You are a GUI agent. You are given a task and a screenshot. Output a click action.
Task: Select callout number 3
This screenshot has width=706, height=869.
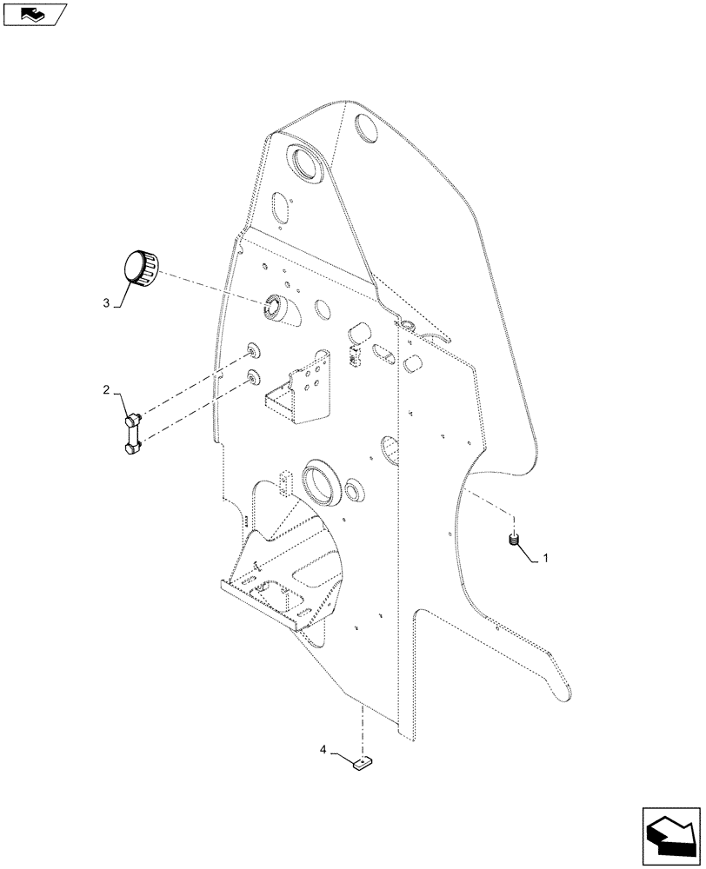pos(107,303)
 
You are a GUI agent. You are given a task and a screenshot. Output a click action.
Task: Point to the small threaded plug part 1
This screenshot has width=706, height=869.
pos(514,541)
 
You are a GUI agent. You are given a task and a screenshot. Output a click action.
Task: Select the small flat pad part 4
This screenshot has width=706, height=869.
pos(361,764)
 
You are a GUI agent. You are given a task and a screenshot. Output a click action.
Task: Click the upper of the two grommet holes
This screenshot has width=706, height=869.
pos(252,350)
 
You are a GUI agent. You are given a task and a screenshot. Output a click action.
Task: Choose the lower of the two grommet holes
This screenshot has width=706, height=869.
pos(252,377)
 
